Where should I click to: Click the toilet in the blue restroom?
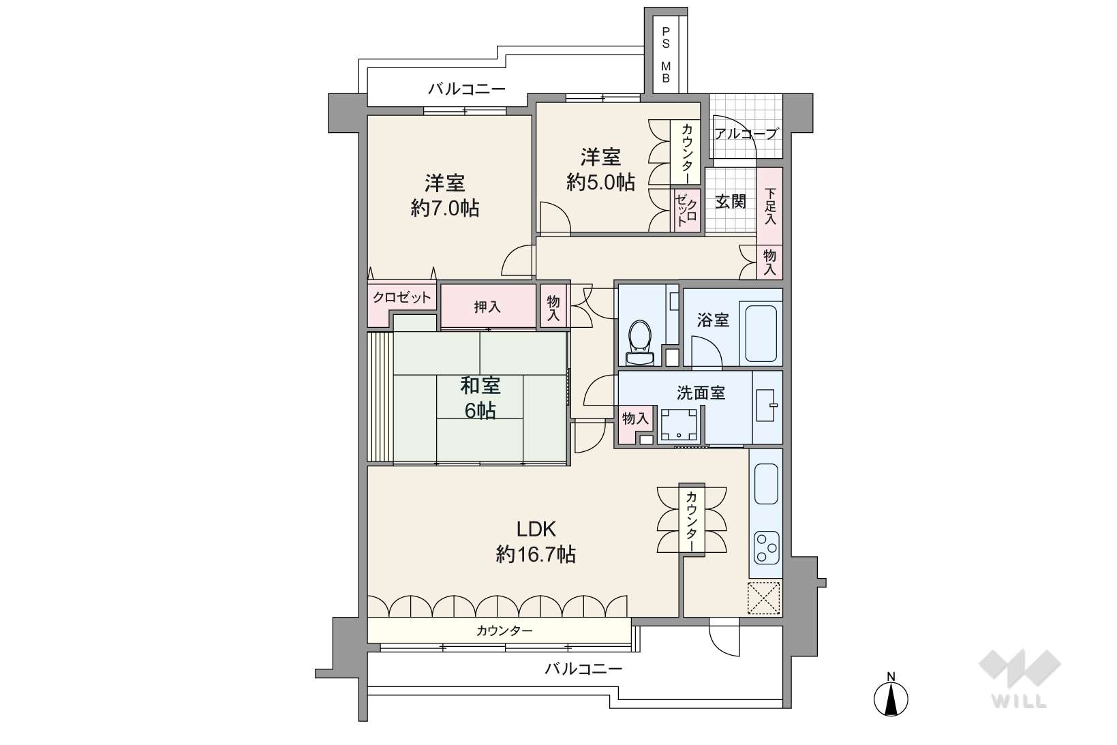click(x=640, y=342)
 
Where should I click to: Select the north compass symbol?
click(x=891, y=697)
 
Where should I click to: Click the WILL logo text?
click(x=1020, y=701)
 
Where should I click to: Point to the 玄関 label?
click(x=731, y=202)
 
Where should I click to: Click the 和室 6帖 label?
click(x=480, y=398)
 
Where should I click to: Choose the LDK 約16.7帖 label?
click(x=536, y=541)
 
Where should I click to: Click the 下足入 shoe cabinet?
click(x=770, y=206)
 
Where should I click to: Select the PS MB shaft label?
click(x=666, y=55)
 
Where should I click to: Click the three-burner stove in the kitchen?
click(x=766, y=548)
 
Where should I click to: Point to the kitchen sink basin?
click(x=766, y=484)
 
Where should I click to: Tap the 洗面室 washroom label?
click(x=701, y=393)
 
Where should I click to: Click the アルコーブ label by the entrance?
click(x=746, y=134)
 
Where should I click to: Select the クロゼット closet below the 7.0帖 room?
click(x=402, y=298)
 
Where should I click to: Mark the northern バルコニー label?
click(x=467, y=89)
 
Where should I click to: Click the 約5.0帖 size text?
click(x=600, y=182)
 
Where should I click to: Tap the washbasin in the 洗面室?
click(x=767, y=404)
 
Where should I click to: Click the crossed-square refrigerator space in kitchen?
click(x=763, y=598)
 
